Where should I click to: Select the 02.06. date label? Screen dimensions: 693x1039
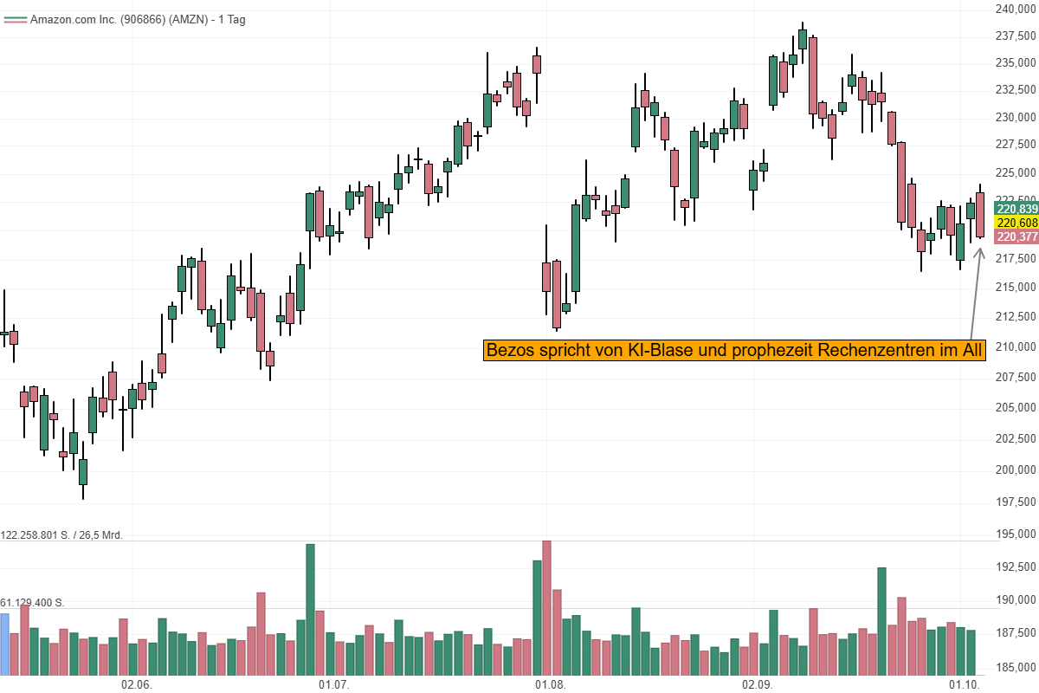coord(137,684)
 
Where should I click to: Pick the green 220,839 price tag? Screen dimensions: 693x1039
coord(1016,209)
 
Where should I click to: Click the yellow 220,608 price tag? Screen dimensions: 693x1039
coord(1016,223)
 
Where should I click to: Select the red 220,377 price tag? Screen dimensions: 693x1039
coord(1016,236)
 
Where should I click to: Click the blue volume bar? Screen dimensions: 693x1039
coord(4,644)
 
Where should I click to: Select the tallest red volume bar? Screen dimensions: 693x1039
coord(546,607)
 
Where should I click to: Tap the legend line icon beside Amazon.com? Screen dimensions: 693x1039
coord(15,19)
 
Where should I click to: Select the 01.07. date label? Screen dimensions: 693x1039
coord(333,684)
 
